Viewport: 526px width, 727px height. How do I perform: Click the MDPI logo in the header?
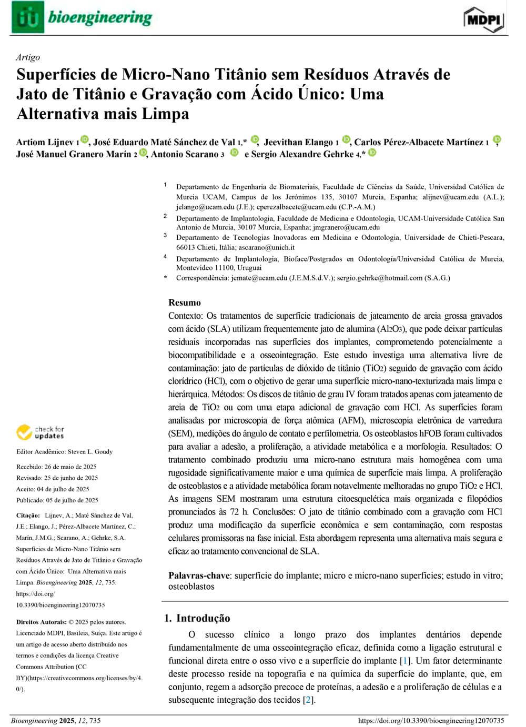click(484, 19)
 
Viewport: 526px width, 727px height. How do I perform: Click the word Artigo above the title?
click(28, 57)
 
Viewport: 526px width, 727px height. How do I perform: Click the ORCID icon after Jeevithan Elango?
click(346, 140)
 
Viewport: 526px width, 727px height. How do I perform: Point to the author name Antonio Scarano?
click(184, 154)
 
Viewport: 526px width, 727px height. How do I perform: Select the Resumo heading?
click(184, 302)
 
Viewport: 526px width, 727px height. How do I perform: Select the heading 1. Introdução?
click(197, 618)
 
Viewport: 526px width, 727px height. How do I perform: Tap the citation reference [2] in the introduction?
click(309, 700)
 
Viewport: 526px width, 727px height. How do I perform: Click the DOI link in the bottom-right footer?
click(431, 721)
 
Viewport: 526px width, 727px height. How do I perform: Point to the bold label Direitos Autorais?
click(41, 622)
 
